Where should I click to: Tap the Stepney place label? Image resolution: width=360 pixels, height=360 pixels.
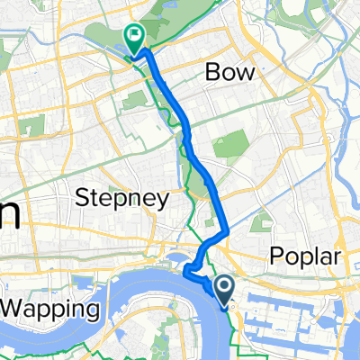coord(122,200)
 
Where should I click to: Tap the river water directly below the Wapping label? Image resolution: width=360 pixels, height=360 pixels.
coord(54,337)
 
